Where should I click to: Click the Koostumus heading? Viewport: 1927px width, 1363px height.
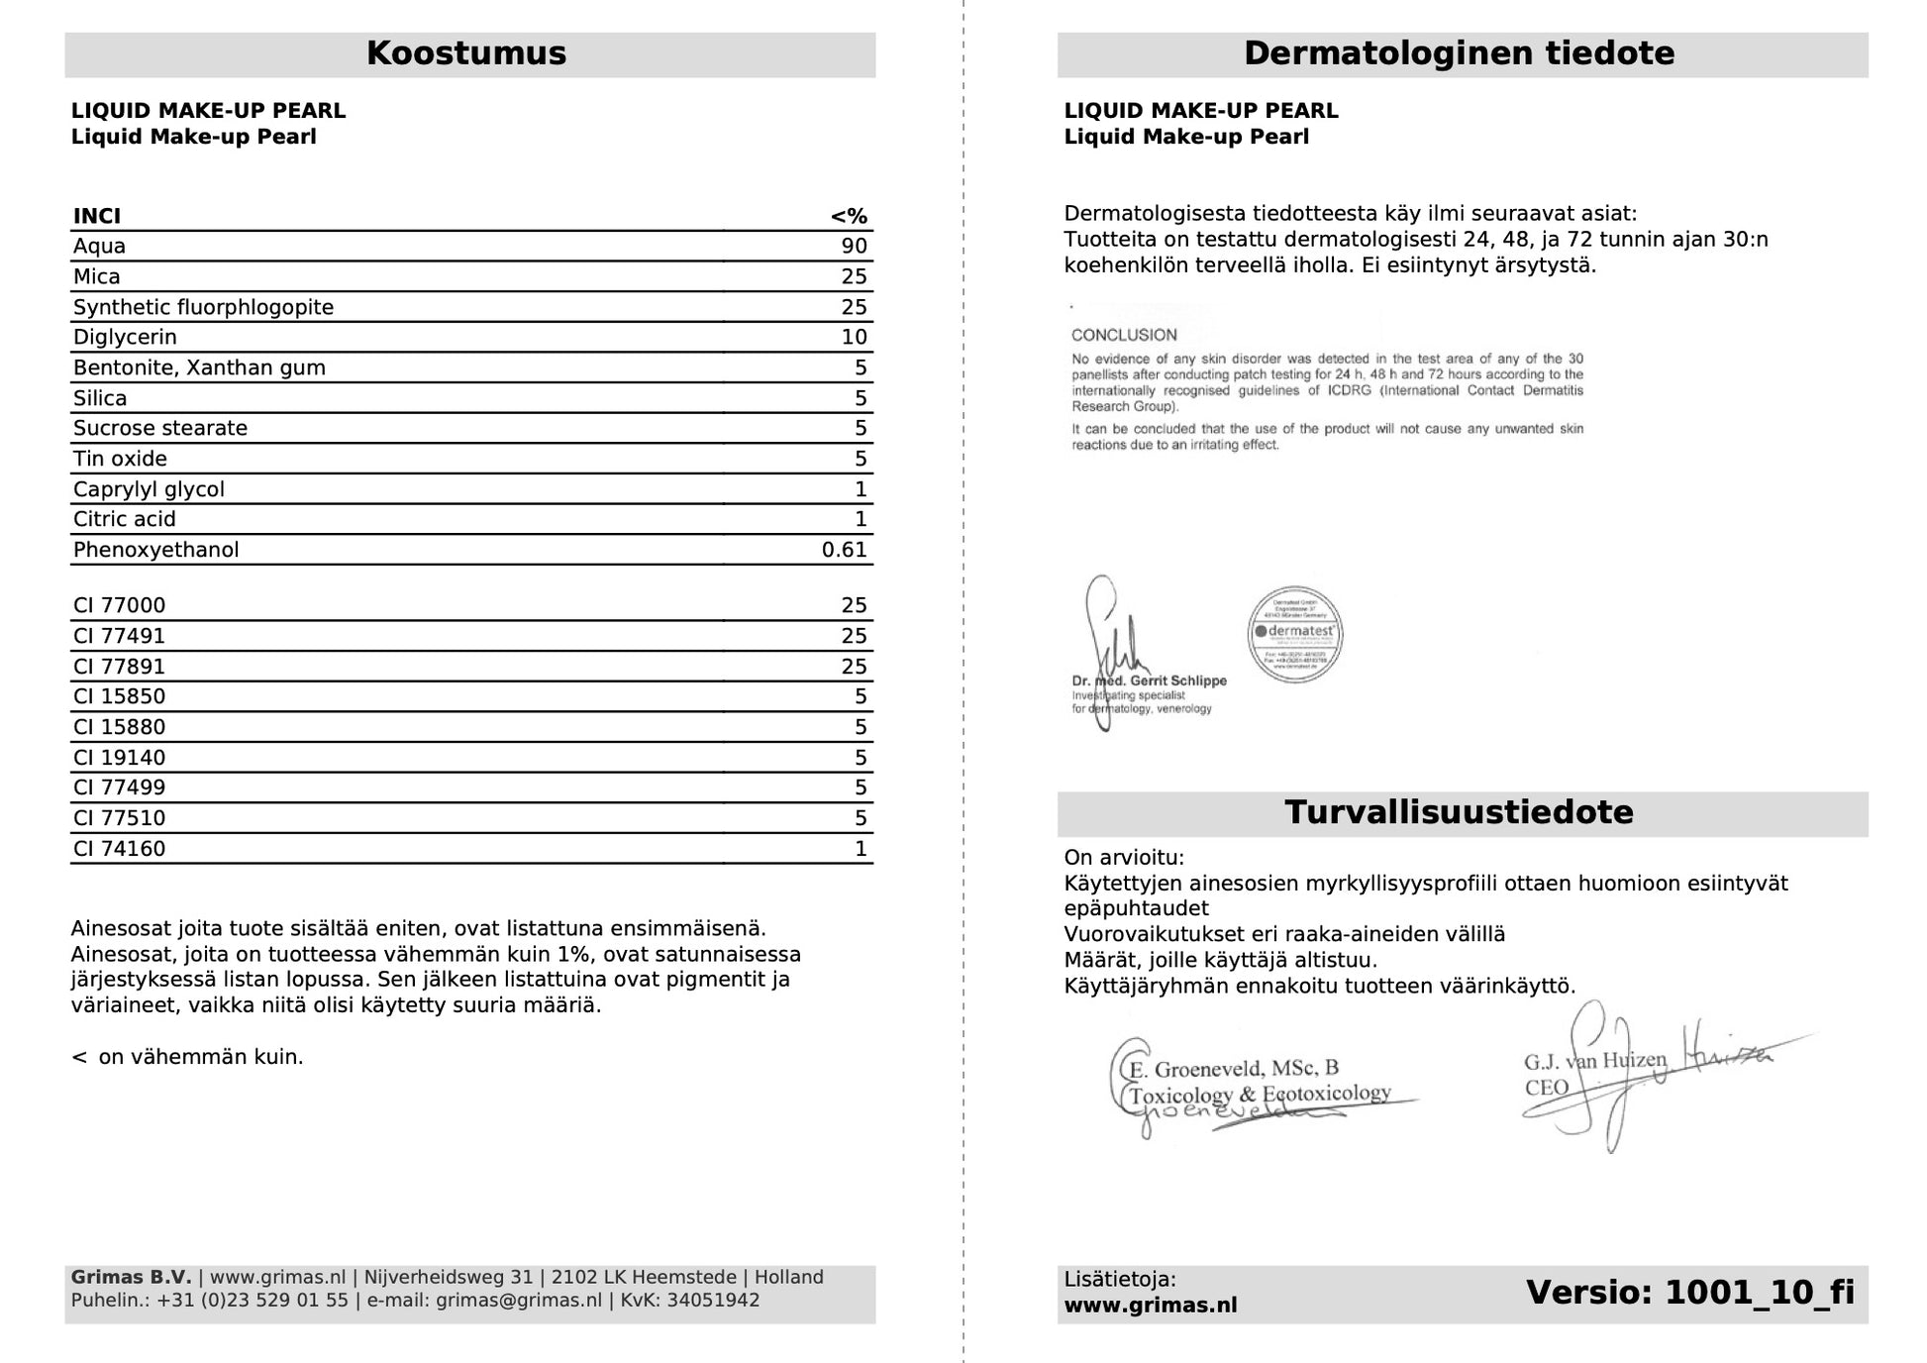point(466,53)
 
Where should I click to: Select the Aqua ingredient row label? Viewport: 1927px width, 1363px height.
point(99,247)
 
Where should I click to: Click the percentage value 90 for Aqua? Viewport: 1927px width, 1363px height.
point(854,247)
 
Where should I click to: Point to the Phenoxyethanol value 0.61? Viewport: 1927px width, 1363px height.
point(844,550)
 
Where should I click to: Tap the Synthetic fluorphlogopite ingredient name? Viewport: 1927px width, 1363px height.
point(203,307)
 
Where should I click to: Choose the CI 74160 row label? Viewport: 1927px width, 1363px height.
point(119,849)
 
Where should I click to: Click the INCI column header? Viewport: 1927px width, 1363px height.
point(97,217)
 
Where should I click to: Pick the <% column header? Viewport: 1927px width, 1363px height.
point(849,217)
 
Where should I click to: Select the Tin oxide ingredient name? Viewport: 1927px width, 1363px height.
point(120,459)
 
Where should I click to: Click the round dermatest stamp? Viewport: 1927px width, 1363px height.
point(1294,634)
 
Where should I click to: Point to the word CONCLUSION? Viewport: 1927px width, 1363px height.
point(1124,336)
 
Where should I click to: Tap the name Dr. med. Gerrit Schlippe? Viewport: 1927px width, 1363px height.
point(1149,681)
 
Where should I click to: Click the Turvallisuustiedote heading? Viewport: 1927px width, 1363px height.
point(1459,813)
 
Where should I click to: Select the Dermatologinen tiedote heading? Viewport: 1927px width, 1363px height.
point(1459,53)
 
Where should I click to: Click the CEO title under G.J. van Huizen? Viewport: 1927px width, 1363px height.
point(1547,1088)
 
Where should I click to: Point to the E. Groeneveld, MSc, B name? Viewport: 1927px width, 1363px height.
point(1234,1069)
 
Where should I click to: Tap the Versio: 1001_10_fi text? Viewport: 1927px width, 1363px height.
point(1689,1293)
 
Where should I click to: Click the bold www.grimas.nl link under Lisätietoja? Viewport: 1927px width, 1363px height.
point(1151,1306)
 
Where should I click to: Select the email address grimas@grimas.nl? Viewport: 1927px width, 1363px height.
point(518,1301)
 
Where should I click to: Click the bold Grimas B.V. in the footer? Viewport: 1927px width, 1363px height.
point(131,1278)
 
